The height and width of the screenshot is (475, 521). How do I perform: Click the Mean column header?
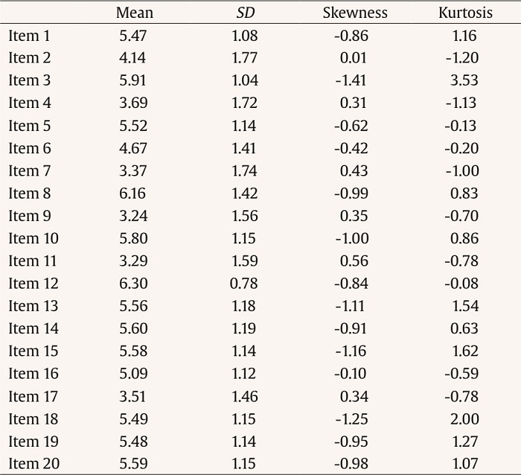[x=135, y=13]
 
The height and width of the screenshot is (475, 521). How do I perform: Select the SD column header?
[x=246, y=13]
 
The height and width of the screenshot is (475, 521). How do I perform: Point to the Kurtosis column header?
[x=466, y=13]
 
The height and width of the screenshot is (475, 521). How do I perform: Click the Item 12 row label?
[x=33, y=284]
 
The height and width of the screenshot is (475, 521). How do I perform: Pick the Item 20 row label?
[x=33, y=464]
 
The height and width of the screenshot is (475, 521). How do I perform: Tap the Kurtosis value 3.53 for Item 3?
[x=464, y=80]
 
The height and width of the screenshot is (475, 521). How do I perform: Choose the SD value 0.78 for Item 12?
[x=244, y=284]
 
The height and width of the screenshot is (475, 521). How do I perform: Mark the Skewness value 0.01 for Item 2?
[x=354, y=58]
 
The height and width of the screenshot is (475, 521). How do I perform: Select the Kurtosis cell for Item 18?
[x=464, y=419]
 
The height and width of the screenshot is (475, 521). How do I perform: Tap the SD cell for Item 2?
[x=244, y=58]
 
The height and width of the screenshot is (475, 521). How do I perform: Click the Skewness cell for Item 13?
[x=351, y=306]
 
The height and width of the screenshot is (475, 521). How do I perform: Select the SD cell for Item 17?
[x=244, y=396]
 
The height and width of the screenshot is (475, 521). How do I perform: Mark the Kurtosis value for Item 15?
[x=464, y=351]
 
